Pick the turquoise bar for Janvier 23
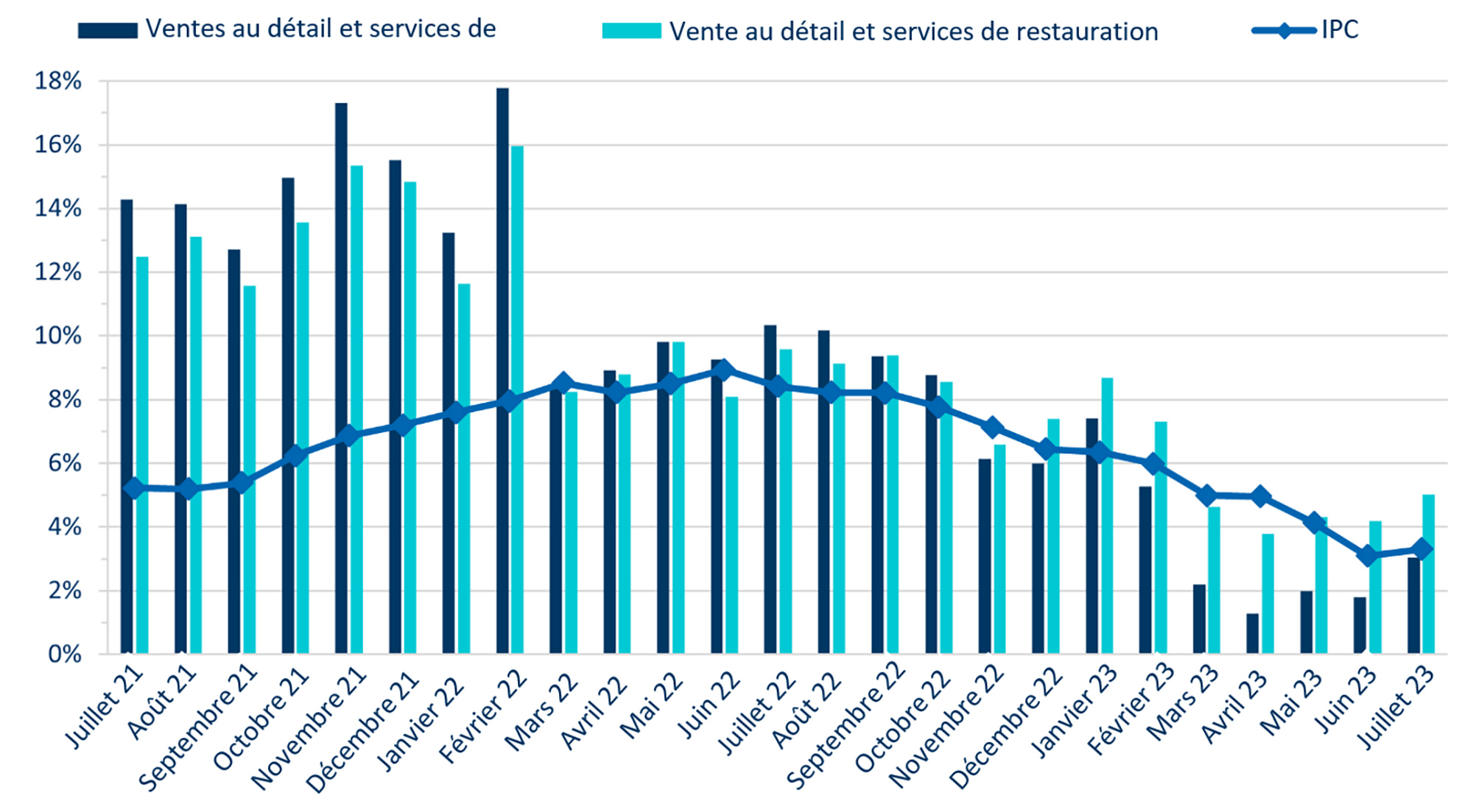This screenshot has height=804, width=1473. (x=1107, y=515)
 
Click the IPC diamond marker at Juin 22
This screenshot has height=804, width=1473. (x=723, y=370)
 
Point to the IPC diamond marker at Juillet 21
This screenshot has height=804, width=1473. (x=134, y=488)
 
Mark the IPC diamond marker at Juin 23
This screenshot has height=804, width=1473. (x=1368, y=556)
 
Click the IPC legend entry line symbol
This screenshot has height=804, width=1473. (x=1284, y=31)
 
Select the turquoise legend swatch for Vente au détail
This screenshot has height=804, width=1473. (x=631, y=31)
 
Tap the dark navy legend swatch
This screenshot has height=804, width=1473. (x=108, y=30)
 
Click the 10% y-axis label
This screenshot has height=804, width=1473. (x=58, y=336)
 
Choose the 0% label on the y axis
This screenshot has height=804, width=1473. (x=64, y=654)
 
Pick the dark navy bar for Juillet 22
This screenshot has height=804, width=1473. (x=770, y=490)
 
